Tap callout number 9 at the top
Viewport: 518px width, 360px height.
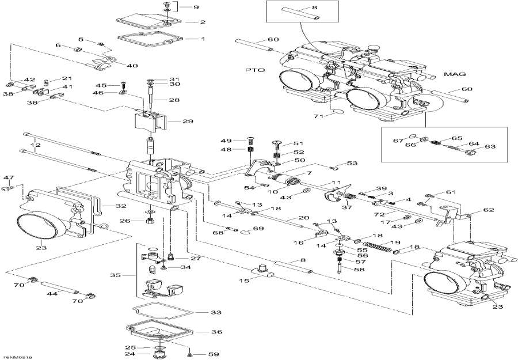click(x=195, y=7)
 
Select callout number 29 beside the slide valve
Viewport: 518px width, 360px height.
click(x=188, y=122)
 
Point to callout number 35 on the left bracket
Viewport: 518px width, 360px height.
click(x=115, y=275)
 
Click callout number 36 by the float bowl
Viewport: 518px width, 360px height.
click(x=216, y=332)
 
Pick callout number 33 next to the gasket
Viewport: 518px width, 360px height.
click(x=215, y=313)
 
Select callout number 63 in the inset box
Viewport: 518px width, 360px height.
click(x=489, y=147)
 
